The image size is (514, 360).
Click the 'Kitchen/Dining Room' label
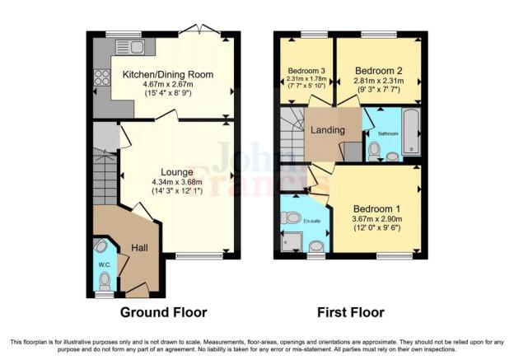(x=168, y=75)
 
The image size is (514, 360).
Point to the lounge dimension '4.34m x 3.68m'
(x=177, y=182)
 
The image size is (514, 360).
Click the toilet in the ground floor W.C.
(x=101, y=245)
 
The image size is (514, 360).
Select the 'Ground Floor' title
(x=163, y=312)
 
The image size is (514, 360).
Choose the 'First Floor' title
(x=350, y=312)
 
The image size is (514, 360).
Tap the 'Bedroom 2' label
(x=380, y=72)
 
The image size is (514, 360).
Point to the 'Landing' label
(x=327, y=130)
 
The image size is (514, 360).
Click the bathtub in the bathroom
(x=412, y=132)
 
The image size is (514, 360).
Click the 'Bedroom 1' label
(x=376, y=209)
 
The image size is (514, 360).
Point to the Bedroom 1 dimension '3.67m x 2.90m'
(x=376, y=220)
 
